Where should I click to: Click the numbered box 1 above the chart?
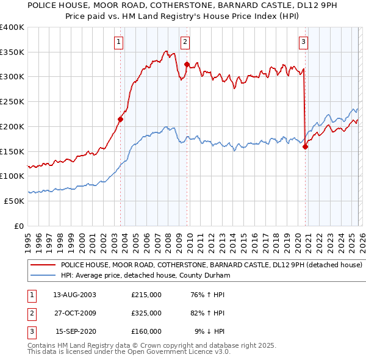(x=117, y=41)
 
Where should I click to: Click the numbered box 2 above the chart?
(x=184, y=41)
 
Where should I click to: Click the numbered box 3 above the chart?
(x=303, y=41)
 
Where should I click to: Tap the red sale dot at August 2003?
(x=120, y=120)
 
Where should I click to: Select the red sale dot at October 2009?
(x=187, y=64)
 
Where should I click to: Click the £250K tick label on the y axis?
(x=12, y=101)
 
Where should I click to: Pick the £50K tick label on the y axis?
(x=15, y=201)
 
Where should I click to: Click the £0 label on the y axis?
(x=19, y=226)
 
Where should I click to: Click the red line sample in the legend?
(x=43, y=265)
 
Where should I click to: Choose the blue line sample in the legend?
(x=43, y=276)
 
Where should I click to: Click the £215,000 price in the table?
(x=146, y=294)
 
